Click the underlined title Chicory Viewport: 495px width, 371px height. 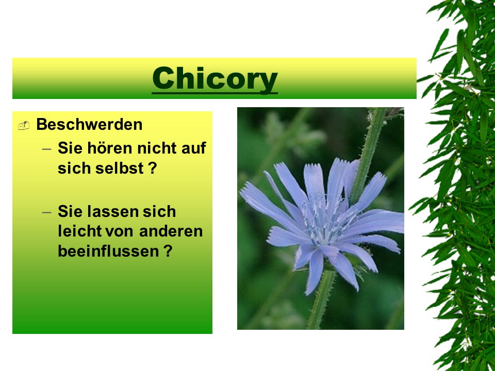(x=214, y=80)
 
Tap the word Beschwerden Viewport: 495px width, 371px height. (x=89, y=124)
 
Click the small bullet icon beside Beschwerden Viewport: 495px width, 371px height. (x=24, y=126)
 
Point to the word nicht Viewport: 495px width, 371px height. (x=152, y=148)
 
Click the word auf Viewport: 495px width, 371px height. (x=193, y=148)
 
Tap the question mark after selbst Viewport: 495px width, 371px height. (x=153, y=168)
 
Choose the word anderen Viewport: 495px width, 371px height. (x=171, y=231)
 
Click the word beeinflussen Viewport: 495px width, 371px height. (x=108, y=251)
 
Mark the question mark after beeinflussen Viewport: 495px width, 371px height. (x=168, y=251)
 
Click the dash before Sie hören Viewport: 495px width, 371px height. (x=46, y=148)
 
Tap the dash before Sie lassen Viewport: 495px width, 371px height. (x=46, y=212)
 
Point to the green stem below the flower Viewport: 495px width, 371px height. (x=320, y=300)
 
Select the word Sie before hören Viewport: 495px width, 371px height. (x=70, y=148)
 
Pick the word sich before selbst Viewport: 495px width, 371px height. (x=74, y=168)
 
